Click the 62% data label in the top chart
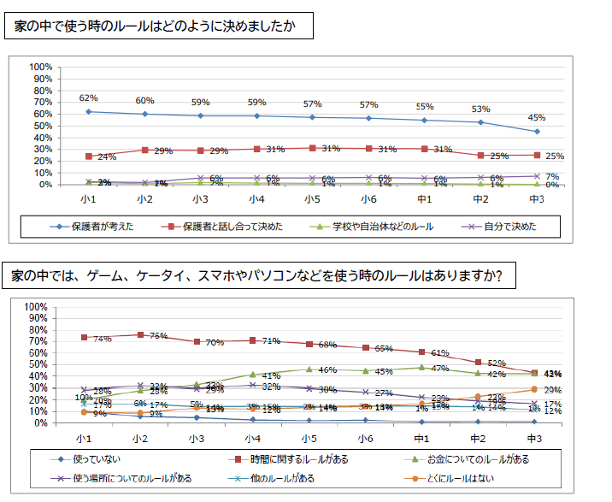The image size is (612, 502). (x=89, y=98)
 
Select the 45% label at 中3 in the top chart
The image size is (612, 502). (x=537, y=118)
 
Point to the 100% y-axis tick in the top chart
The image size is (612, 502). (x=41, y=67)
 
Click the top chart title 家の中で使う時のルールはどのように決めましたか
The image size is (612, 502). (x=156, y=27)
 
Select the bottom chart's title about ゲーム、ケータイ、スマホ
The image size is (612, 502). (x=257, y=276)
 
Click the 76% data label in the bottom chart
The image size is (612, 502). (x=159, y=335)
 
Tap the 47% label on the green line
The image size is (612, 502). (x=441, y=368)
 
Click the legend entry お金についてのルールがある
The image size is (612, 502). (x=486, y=459)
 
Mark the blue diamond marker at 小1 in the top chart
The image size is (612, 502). (x=90, y=111)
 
